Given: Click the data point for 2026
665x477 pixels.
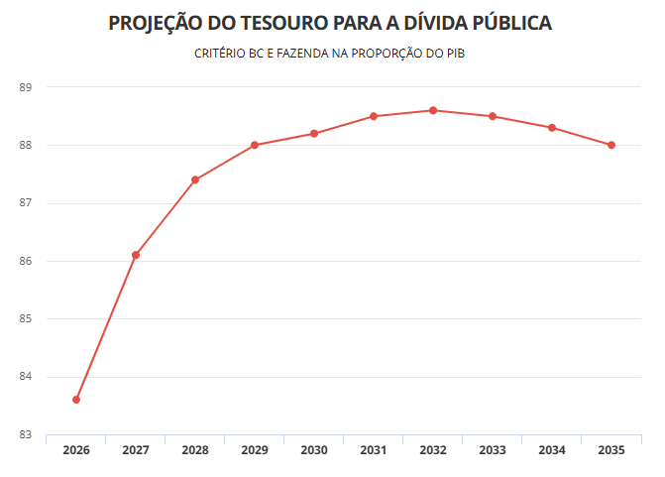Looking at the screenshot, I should pos(76,400).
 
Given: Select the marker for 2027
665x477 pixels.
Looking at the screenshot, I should pos(136,255).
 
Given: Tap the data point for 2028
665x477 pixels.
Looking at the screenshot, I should pos(195,179).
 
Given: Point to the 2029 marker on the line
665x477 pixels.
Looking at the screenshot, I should pos(255,145).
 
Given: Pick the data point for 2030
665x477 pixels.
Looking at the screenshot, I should pos(314,133).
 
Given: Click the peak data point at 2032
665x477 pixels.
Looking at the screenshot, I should pos(433,110).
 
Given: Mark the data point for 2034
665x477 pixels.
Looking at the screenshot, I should pos(552,127).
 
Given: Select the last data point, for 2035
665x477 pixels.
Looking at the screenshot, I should pos(611,145).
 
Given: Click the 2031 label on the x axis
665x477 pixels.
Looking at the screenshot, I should pos(374,450).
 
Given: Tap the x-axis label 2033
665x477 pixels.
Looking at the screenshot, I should pos(493,450).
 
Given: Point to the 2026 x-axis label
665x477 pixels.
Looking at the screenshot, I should pos(76,450).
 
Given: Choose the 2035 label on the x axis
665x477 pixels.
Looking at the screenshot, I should pos(611,450).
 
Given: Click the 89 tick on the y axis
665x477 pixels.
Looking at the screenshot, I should pos(25,87).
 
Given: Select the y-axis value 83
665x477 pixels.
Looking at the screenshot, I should pos(25,435).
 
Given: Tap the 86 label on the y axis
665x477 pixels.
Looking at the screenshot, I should pos(25,262).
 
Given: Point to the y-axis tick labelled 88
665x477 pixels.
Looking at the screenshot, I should pos(25,146).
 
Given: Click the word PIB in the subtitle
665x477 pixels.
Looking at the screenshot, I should pos(455,54).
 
